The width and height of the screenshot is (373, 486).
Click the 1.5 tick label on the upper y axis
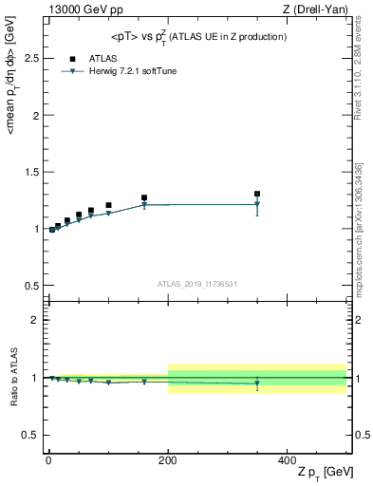point(29,172)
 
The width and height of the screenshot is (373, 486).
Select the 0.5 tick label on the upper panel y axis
point(29,286)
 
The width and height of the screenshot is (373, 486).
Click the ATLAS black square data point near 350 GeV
point(257,194)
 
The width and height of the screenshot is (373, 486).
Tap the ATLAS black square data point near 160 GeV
point(144,197)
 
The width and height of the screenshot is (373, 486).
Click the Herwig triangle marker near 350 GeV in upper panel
point(257,204)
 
